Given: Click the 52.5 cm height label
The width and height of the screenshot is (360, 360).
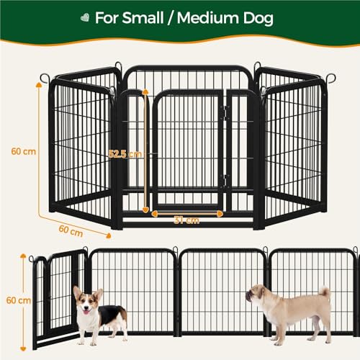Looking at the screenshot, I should point(125,153).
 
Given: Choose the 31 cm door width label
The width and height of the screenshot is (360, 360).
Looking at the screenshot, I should point(187,220).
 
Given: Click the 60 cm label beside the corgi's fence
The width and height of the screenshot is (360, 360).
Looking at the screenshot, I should point(13,299).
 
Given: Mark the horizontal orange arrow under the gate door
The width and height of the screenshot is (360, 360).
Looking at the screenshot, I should point(187,212).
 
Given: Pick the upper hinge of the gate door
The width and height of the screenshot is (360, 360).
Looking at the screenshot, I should point(224,113).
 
